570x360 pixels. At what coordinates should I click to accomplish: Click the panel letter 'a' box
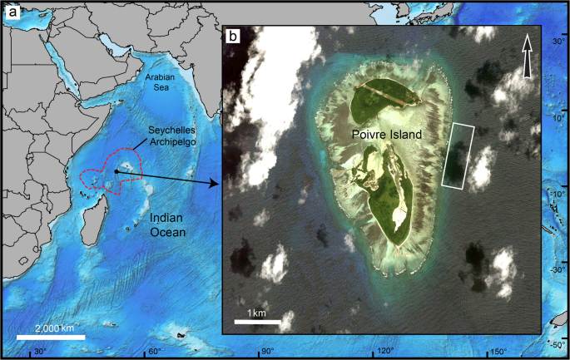pos(11,12)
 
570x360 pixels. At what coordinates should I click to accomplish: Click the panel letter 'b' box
pos(235,37)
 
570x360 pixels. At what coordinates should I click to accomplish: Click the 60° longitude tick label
pos(154,352)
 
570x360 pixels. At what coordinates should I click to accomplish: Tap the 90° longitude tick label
pos(270,352)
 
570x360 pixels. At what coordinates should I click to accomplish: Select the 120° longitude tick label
pos(385,352)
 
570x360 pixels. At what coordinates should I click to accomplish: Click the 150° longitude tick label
pos(499,352)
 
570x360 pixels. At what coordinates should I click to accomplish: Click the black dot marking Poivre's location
pos(116,171)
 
